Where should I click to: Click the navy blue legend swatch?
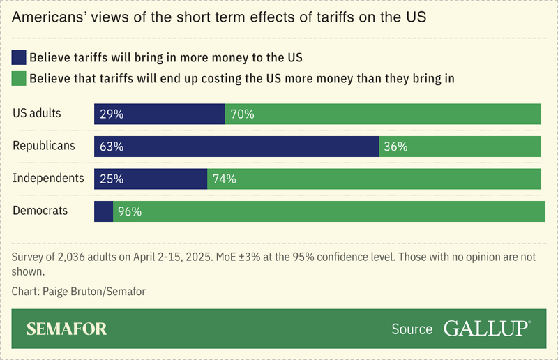[x=19, y=57]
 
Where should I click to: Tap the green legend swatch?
[x=19, y=78]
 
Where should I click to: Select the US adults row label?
[x=37, y=113]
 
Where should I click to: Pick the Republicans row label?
[x=44, y=145]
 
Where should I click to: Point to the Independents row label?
[x=48, y=178]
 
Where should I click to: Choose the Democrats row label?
[x=40, y=210]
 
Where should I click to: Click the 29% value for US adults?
[x=112, y=114]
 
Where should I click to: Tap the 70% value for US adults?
[x=242, y=114]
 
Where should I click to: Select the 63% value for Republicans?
[x=112, y=147]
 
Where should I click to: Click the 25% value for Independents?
[x=112, y=179]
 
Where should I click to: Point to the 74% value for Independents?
[x=224, y=179]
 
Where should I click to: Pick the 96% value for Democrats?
[x=130, y=211]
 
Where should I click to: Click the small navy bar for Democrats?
[x=103, y=211]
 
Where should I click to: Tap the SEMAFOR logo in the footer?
[x=67, y=329]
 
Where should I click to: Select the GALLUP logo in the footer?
[x=486, y=329]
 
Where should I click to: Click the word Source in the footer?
[x=412, y=329]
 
